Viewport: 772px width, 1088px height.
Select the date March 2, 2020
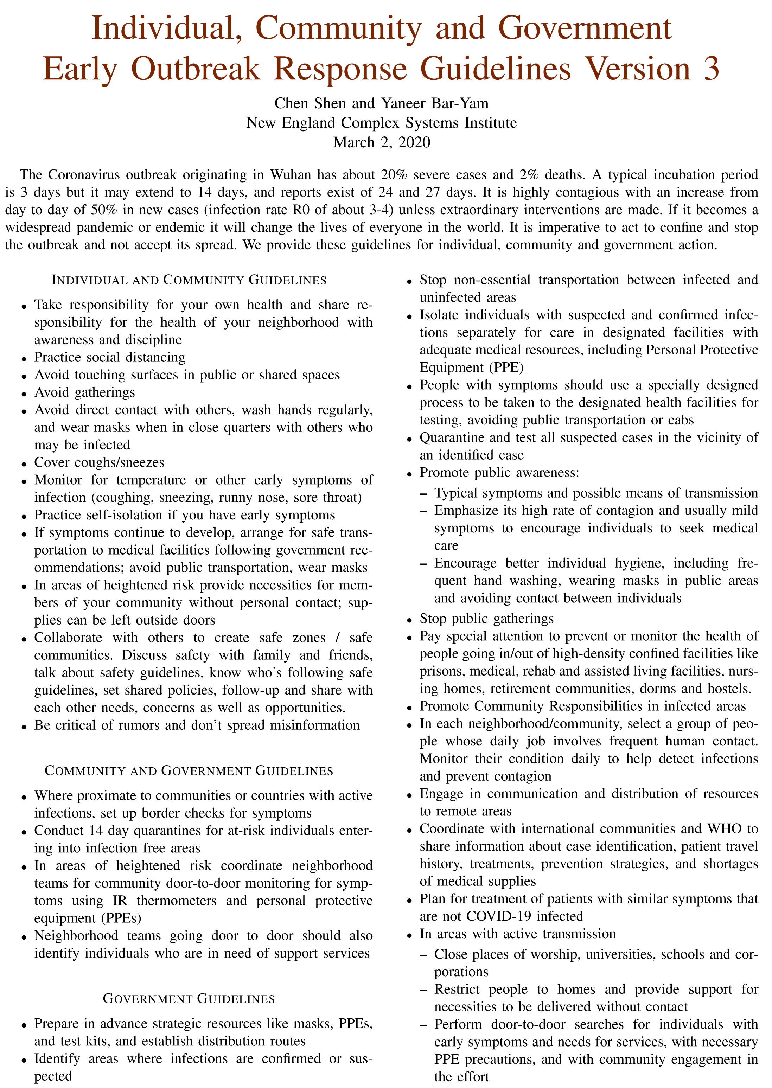[382, 142]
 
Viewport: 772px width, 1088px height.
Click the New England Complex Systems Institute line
[382, 123]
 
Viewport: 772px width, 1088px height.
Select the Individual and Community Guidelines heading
[189, 280]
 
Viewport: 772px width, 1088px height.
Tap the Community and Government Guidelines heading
[189, 770]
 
